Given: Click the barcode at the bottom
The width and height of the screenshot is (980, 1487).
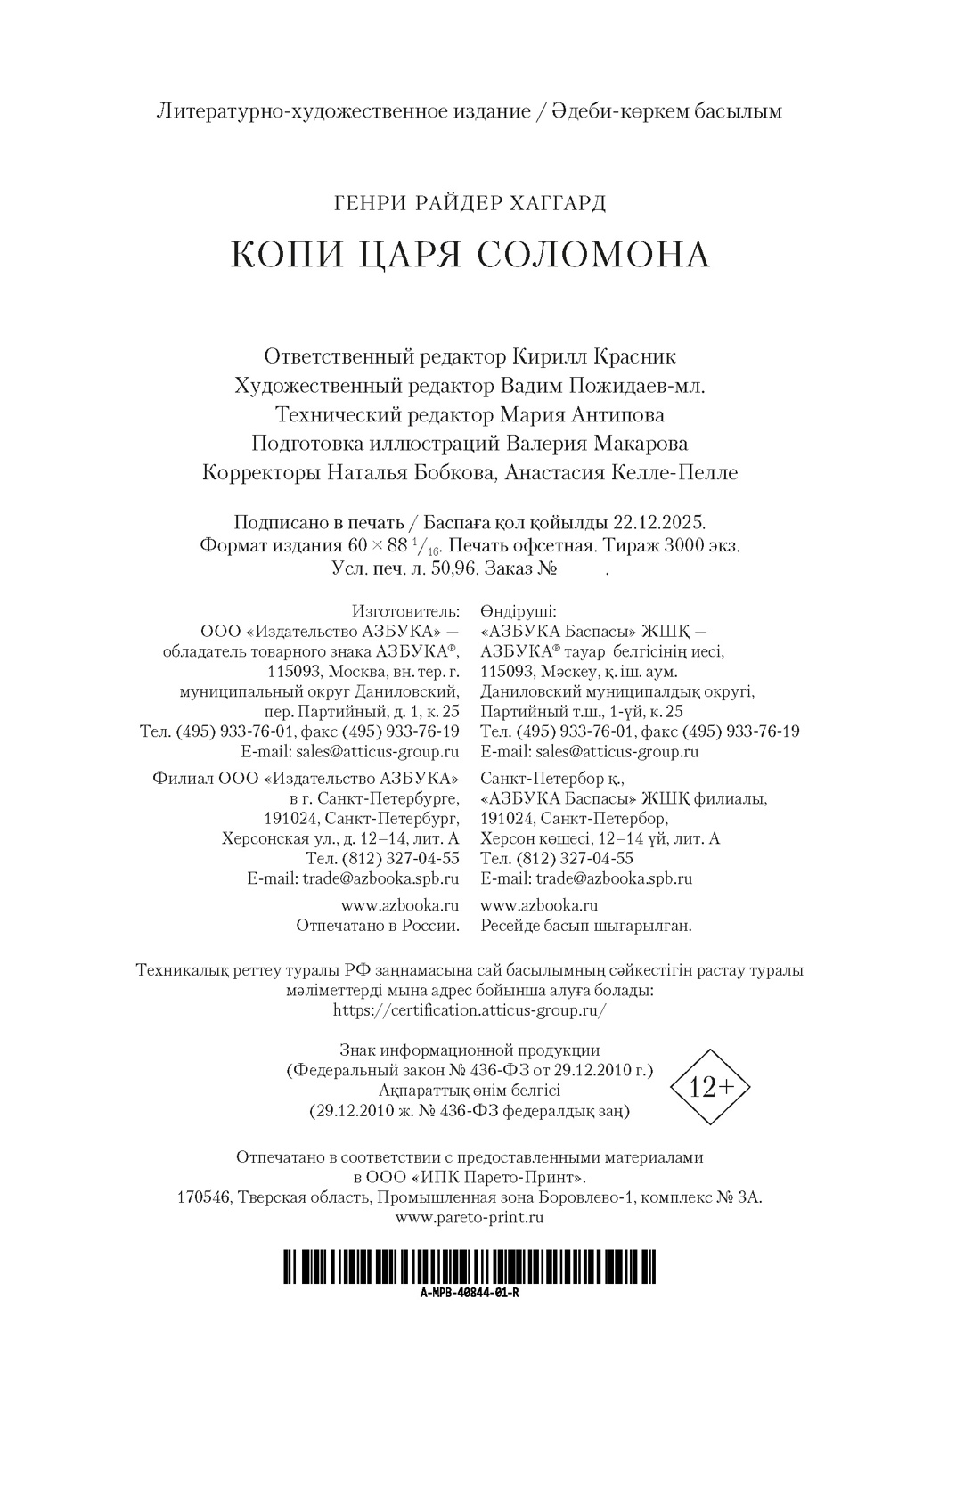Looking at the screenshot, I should pyautogui.click(x=470, y=1266).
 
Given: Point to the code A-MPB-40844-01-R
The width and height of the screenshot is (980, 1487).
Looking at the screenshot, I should pyautogui.click(x=470, y=1293).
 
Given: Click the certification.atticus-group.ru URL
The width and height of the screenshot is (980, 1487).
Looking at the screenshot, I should pyautogui.click(x=470, y=1009).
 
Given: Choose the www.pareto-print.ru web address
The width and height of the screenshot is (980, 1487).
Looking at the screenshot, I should pyautogui.click(x=470, y=1217).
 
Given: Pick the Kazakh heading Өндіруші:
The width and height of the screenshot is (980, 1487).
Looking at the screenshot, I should pyautogui.click(x=518, y=612).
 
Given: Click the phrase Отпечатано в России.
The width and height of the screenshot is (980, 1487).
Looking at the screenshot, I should pyautogui.click(x=378, y=926).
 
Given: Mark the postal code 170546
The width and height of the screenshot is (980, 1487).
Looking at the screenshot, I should pyautogui.click(x=205, y=1197).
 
